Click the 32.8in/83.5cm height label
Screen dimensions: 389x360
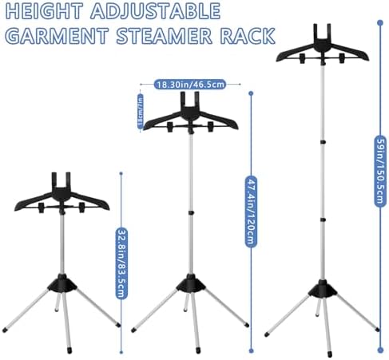[x=121, y=263]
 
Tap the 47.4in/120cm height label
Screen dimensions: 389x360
[x=251, y=212]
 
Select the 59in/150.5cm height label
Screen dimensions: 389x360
[x=380, y=171]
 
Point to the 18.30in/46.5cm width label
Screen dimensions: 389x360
[x=190, y=85]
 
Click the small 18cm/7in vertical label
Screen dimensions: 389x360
[x=140, y=111]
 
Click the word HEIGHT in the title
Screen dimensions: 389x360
[x=44, y=11]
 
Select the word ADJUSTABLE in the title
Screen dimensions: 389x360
[x=156, y=11]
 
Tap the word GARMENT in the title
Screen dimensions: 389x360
[x=57, y=35]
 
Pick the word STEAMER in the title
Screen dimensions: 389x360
[x=165, y=35]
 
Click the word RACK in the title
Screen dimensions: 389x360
[x=248, y=35]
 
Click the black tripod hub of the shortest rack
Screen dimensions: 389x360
[x=62, y=283]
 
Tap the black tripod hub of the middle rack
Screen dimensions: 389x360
[x=191, y=283]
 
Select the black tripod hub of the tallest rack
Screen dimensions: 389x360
[x=323, y=289]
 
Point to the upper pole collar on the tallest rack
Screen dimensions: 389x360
[x=323, y=142]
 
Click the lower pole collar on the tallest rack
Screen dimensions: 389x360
[x=323, y=220]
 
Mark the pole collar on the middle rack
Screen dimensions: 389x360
[x=191, y=212]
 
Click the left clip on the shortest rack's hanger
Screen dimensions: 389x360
[x=42, y=208]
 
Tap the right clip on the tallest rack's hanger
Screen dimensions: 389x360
[x=342, y=58]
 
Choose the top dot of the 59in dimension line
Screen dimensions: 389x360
[x=380, y=23]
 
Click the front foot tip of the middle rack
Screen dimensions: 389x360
[x=198, y=350]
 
